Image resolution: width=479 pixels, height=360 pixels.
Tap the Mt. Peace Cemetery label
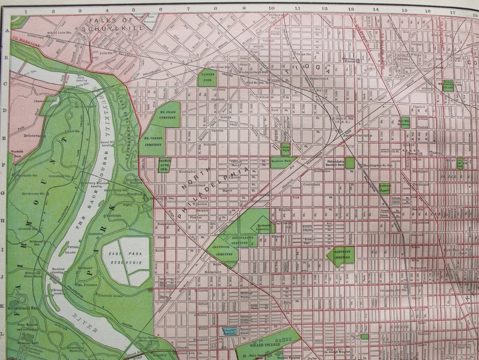[168, 114]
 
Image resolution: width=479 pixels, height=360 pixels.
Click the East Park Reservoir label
[126, 258]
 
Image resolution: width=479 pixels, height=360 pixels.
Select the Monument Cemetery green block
[342, 255]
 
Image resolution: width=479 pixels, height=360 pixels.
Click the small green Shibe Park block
[285, 149]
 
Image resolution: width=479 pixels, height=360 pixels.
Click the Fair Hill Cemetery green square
[404, 122]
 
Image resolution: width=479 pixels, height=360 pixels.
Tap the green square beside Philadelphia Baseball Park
[350, 163]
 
